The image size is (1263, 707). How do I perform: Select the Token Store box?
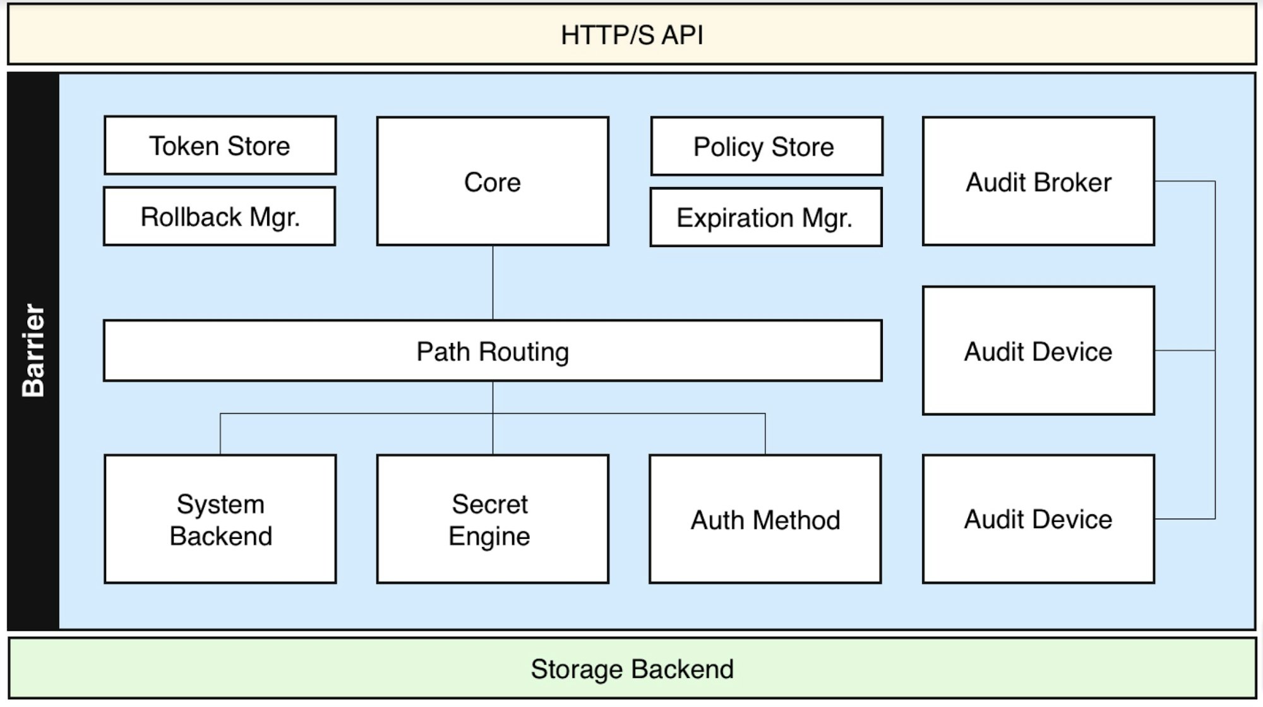click(x=220, y=146)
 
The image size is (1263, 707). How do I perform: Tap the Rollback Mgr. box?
click(x=220, y=217)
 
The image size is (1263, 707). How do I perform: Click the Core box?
click(x=493, y=182)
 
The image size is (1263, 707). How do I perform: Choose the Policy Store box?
click(x=766, y=147)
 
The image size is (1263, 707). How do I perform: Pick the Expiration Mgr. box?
click(x=765, y=218)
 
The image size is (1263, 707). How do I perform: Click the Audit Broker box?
click(x=1038, y=182)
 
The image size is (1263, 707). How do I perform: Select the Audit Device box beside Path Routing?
click(x=1038, y=351)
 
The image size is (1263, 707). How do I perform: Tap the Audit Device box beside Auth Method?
click(x=1038, y=519)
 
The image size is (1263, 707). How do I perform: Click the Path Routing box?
click(x=493, y=351)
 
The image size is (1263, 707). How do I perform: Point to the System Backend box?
click(x=220, y=519)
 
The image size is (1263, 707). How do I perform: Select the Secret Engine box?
click(x=493, y=519)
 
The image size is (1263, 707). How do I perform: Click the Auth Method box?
click(x=765, y=519)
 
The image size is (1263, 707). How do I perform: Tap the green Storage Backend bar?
click(x=631, y=669)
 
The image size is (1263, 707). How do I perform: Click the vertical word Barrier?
click(x=33, y=351)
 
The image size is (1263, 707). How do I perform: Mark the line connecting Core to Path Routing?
click(x=493, y=282)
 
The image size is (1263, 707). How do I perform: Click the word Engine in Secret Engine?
click(x=489, y=536)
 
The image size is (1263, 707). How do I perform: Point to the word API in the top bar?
click(x=682, y=35)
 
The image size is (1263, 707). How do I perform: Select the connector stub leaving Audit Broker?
click(x=1184, y=181)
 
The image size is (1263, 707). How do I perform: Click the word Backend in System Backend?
click(x=221, y=536)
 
